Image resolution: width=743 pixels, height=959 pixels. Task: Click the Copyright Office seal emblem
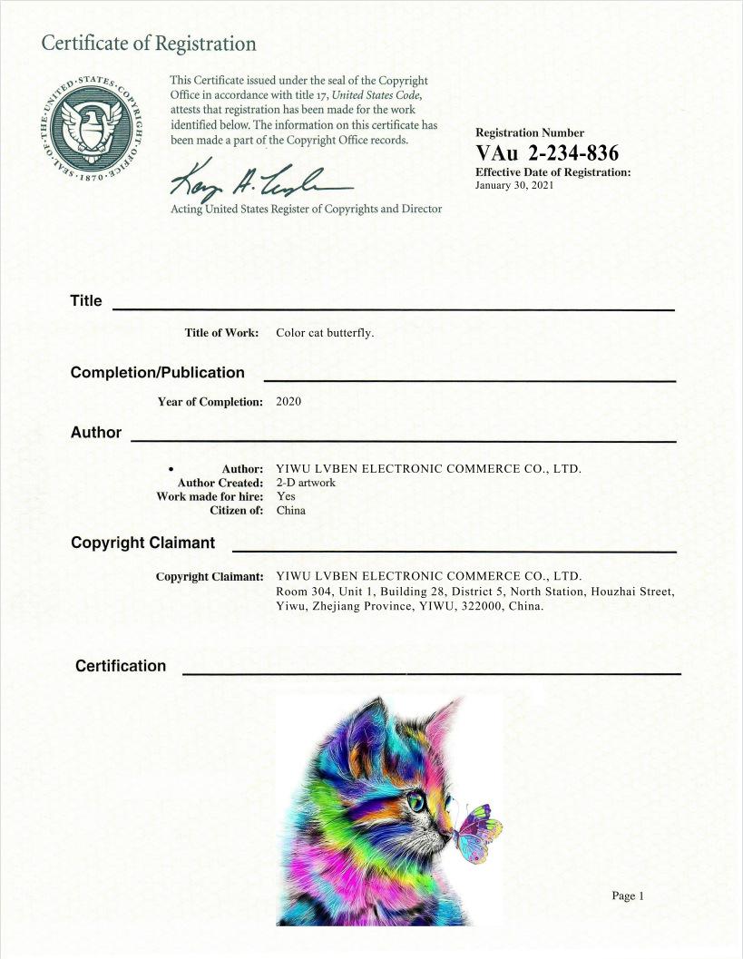click(88, 126)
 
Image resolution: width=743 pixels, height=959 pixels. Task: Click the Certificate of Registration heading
click(149, 44)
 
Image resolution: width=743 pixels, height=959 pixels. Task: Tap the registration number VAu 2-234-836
click(547, 152)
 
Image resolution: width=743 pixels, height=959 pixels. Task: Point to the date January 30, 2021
click(513, 185)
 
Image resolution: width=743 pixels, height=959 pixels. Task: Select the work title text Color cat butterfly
click(325, 333)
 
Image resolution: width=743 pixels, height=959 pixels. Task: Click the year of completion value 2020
click(288, 402)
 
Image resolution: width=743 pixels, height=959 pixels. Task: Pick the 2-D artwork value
click(306, 483)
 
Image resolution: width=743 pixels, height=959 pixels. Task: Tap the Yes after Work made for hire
click(286, 496)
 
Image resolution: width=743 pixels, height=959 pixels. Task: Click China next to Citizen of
click(291, 510)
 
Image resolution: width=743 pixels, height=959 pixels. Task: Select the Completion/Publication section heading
click(157, 373)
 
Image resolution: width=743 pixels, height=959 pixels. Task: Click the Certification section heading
click(121, 666)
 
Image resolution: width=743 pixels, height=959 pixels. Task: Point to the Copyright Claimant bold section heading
click(142, 543)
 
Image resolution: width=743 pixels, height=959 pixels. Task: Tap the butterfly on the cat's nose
click(479, 831)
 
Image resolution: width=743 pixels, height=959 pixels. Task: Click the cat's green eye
click(416, 802)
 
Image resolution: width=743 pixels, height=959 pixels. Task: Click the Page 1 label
click(627, 896)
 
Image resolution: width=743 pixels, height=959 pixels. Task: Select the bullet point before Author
click(171, 469)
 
